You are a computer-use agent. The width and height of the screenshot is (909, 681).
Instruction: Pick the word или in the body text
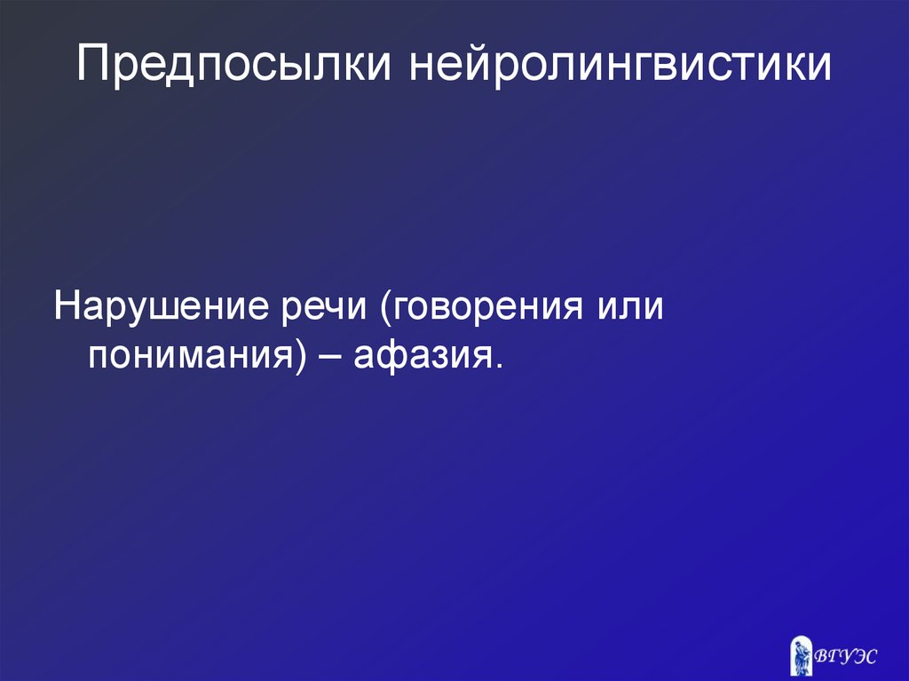633,309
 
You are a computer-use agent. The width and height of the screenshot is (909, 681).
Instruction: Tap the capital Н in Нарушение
66,309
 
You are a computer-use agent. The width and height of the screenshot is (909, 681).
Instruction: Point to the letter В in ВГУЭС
821,657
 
